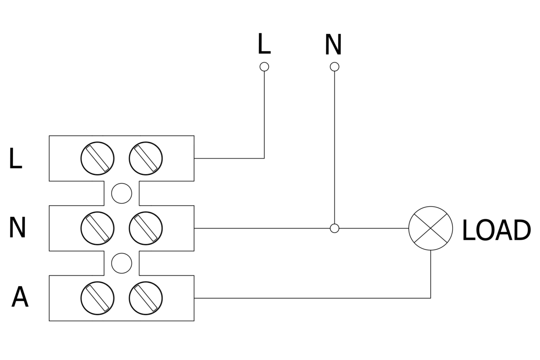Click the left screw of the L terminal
coord(98,158)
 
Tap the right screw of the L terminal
coord(145,158)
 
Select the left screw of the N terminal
coord(98,228)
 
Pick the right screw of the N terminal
coord(145,228)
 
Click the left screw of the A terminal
coord(98,298)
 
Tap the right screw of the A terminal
coord(145,298)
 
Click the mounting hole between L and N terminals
coord(121,193)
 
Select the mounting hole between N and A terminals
coord(121,263)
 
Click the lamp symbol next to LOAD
coord(431,228)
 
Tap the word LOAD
coord(496,230)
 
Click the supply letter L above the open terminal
coord(264,44)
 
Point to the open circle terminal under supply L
coord(265,67)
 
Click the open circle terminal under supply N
coord(334,67)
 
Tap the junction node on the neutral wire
coord(334,228)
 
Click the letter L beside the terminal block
coord(15,159)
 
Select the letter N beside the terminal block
coord(17,228)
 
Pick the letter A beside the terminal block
coord(20,297)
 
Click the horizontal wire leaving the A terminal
coord(310,298)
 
